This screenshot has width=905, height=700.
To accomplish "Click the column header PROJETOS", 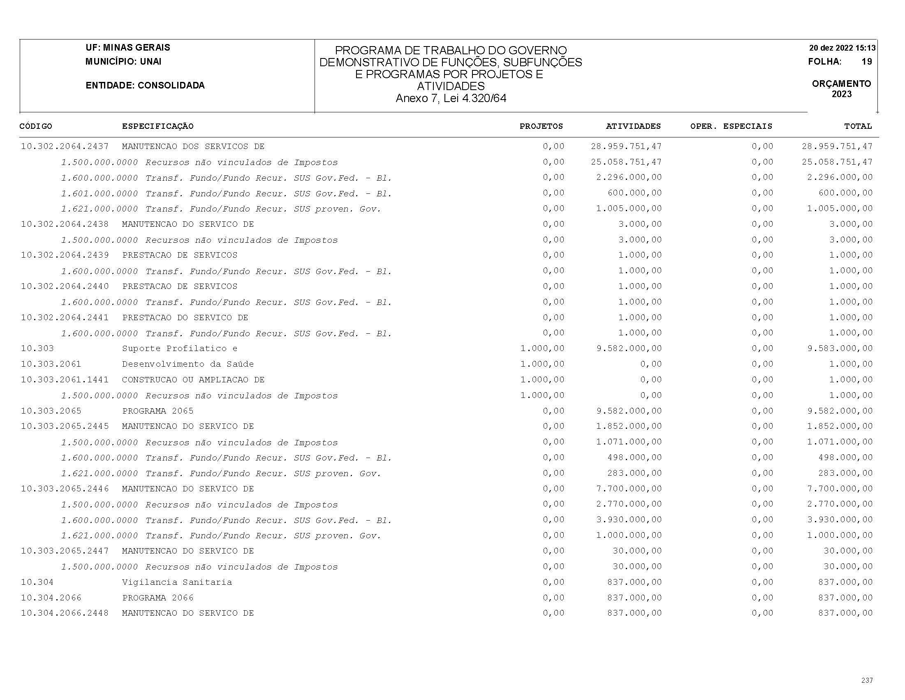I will coord(541,126).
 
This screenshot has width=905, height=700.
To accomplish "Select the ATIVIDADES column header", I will coord(633,126).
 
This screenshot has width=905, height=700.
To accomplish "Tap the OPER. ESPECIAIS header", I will coord(731,126).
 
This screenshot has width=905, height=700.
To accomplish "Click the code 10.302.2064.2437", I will coord(65,147).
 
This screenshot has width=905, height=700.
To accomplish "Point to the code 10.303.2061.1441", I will coord(65,379).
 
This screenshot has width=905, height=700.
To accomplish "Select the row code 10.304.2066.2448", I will coord(65,613).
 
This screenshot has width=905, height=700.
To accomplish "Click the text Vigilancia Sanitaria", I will coord(177,582).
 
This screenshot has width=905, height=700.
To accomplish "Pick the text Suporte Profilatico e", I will coord(179,348).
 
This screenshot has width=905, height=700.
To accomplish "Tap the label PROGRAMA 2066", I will coord(158,598).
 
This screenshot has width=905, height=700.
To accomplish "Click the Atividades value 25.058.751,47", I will coord(626,162).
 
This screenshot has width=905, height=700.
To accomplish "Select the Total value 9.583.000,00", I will coord(840,348).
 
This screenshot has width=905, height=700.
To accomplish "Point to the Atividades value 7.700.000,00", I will coord(629,488).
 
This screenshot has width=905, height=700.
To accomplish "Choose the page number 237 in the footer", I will coord(867,680).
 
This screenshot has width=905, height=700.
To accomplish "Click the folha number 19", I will coord(866,62).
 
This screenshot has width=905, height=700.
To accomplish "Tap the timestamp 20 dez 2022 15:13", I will coord(842,48).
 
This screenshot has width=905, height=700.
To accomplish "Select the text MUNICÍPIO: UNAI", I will coord(123,62).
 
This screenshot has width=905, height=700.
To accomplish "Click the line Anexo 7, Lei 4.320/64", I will coord(451,98).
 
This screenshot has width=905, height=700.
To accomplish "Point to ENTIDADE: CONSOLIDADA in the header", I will coord(145,86).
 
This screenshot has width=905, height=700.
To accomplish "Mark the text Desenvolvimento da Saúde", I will coord(188,364).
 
